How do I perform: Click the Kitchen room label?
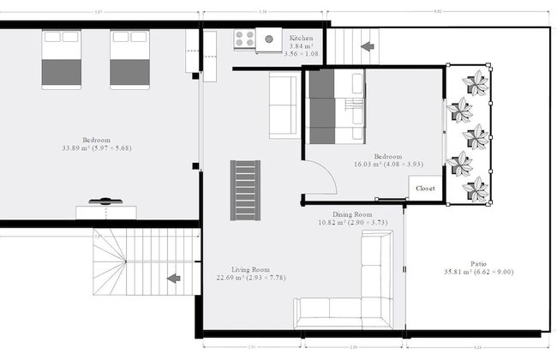point(301,39)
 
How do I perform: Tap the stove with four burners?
point(243,39)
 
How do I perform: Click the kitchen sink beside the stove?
point(268,39)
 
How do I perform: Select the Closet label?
point(425,188)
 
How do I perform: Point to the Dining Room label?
point(351,214)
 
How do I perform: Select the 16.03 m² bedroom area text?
point(378,165)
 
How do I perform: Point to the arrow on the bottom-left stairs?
point(174,278)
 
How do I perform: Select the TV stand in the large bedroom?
point(105,211)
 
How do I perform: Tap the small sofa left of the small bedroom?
point(284,105)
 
